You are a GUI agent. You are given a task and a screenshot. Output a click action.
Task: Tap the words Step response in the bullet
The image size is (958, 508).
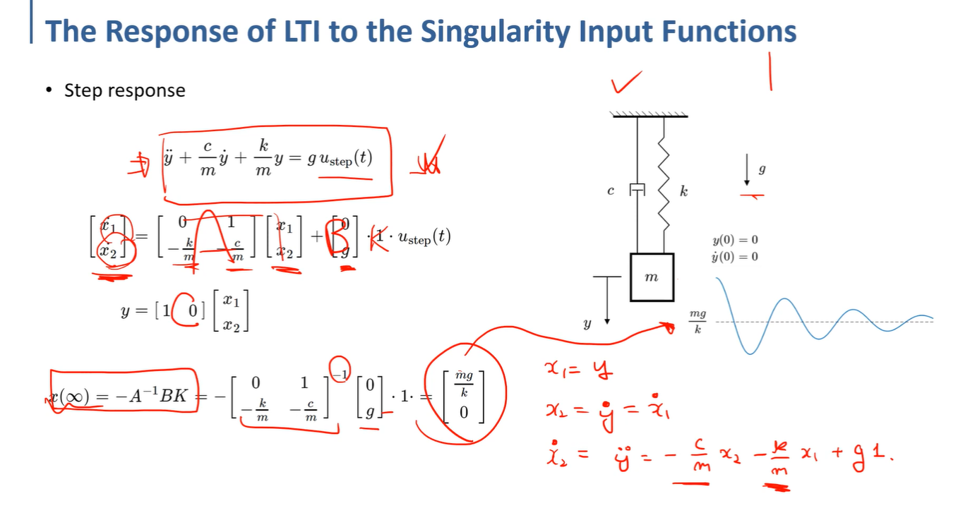pos(124,91)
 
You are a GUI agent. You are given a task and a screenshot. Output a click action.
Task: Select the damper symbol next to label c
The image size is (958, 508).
pos(637,189)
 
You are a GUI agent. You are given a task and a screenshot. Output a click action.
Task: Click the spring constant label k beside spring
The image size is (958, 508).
pos(683,190)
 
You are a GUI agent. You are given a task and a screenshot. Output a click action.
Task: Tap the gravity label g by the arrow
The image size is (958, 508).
pos(762,170)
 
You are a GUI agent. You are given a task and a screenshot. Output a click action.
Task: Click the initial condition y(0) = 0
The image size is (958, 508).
pos(736,241)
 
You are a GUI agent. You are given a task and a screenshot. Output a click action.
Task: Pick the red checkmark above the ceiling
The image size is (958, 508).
pos(627,83)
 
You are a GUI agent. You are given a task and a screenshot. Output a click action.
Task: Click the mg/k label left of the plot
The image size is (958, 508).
pos(697,322)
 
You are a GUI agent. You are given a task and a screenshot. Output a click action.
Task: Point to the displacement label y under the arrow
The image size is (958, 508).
pos(586,325)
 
